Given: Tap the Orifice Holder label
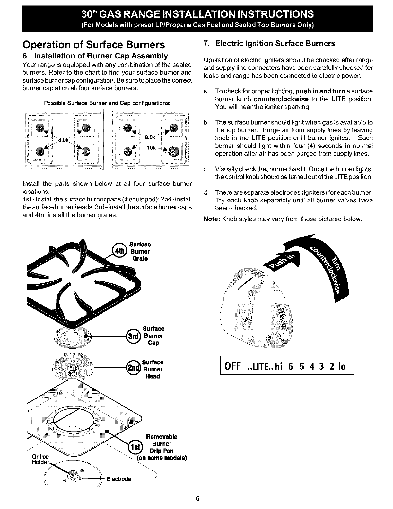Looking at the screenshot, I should pyautogui.click(x=40, y=460).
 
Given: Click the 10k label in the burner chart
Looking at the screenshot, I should pyautogui.click(x=151, y=148).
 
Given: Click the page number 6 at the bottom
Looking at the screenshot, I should pyautogui.click(x=197, y=498).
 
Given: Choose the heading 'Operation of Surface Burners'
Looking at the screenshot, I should pyautogui.click(x=93, y=44).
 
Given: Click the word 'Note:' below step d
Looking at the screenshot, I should pyautogui.click(x=211, y=219).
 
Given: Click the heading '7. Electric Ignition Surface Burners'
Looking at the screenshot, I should pyautogui.click(x=270, y=43).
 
